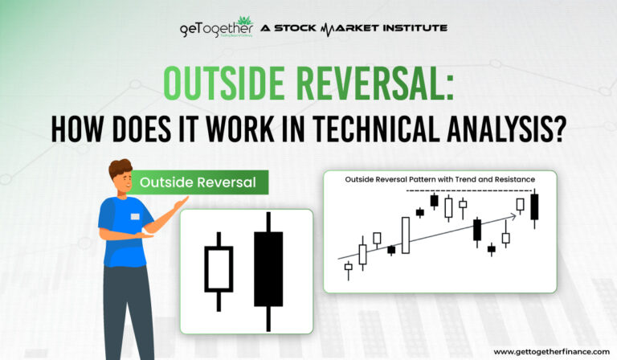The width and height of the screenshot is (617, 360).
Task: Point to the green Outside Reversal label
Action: pos(198,182)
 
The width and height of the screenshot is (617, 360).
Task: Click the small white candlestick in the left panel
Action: pos(219,268)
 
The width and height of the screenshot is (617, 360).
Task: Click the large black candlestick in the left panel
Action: pos(268,269)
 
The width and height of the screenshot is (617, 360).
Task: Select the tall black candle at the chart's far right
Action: pos(533,207)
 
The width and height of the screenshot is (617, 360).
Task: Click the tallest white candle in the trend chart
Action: pos(406,233)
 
